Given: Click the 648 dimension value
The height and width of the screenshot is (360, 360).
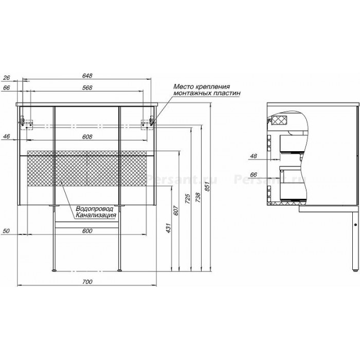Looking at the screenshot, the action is (87, 76).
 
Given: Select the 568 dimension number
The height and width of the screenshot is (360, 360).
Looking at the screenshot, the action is (87, 88).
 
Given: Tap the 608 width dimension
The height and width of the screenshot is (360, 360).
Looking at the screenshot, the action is (87, 137).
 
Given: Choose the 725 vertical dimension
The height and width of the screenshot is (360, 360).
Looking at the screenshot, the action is (188, 200).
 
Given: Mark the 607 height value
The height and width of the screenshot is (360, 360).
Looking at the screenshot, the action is (176, 210).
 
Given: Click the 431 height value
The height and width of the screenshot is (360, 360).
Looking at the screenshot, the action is (169, 228).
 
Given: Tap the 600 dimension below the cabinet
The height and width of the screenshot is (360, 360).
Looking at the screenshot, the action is (87, 231).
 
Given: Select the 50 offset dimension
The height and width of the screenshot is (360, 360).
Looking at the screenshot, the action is (7, 231).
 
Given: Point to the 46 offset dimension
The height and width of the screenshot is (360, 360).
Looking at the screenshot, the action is (7, 136).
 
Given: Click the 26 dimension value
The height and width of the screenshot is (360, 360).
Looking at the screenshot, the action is (7, 78).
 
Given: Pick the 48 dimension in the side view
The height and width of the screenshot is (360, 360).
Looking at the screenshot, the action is (254, 156).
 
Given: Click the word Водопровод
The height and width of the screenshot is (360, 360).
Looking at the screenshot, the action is (95, 209).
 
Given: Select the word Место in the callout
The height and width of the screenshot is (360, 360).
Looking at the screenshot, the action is (184, 86).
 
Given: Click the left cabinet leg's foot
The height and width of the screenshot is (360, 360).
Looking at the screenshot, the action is (54, 271).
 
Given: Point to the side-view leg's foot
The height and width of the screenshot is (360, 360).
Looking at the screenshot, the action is (355, 271).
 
